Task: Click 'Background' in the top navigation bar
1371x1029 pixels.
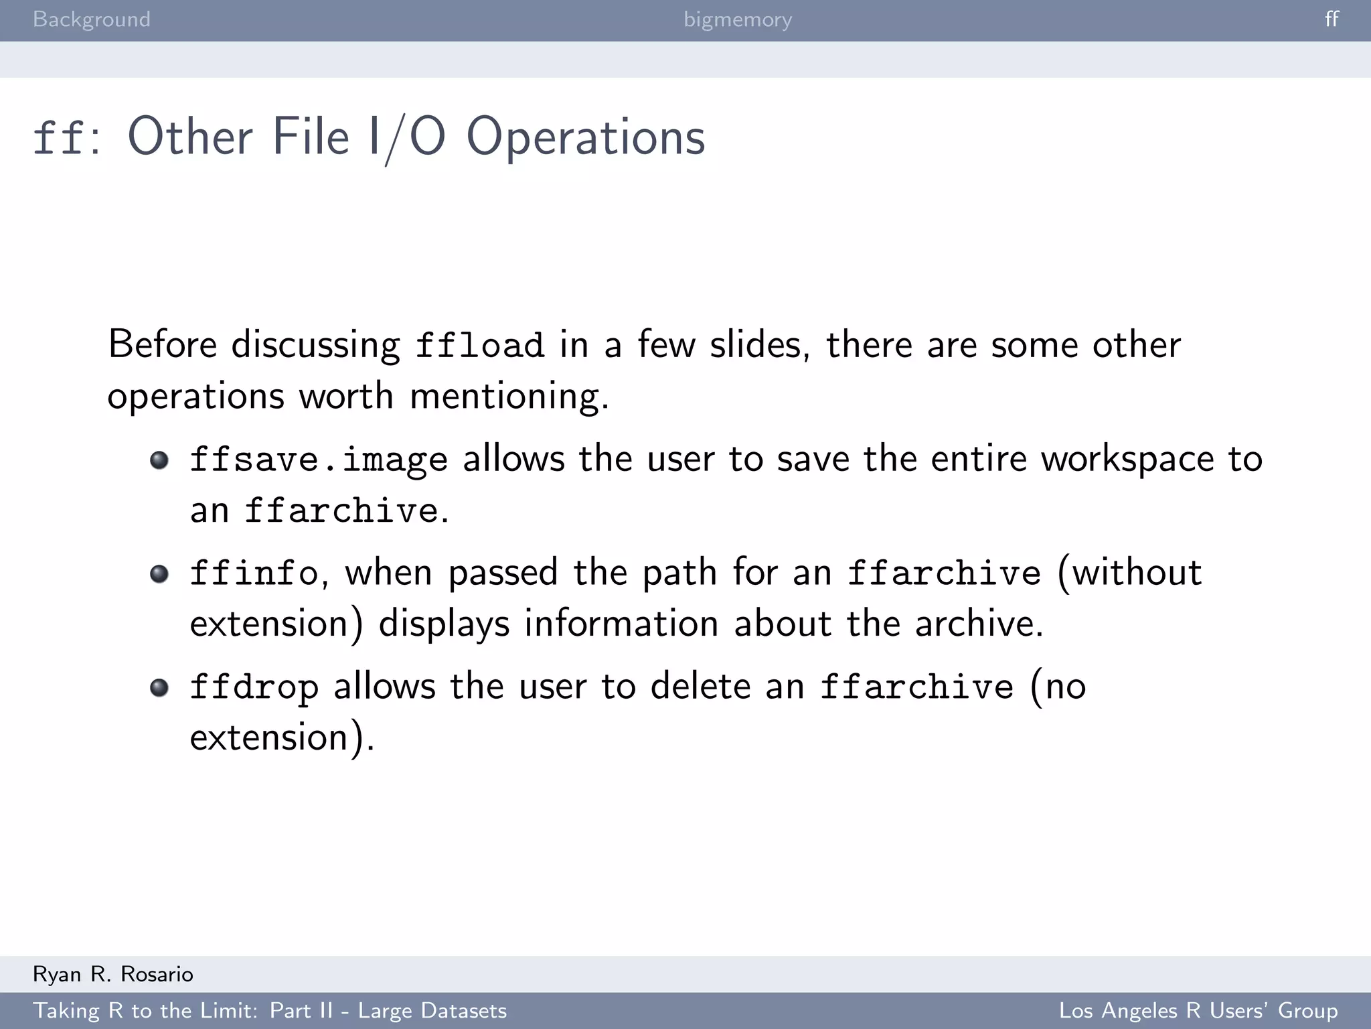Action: point(92,19)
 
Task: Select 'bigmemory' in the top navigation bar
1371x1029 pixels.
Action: point(738,19)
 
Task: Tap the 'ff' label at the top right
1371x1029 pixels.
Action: point(1332,19)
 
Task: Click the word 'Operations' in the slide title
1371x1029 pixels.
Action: point(586,137)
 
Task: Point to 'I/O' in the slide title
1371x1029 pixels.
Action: point(406,137)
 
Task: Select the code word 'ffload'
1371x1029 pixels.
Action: point(479,346)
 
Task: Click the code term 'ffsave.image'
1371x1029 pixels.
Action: point(319,460)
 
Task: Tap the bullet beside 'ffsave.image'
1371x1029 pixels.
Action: point(159,460)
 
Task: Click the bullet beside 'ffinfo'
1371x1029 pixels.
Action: point(159,574)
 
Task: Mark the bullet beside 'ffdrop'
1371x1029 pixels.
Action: point(159,688)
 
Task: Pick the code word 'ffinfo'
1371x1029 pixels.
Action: point(254,573)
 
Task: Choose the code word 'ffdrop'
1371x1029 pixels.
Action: point(254,687)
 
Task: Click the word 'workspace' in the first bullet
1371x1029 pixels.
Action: point(1127,460)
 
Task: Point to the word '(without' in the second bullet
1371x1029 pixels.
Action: point(1129,573)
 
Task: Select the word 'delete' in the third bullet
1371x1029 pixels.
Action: point(700,687)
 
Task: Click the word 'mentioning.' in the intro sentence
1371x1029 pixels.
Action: point(509,396)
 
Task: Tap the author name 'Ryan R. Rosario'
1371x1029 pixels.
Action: point(113,974)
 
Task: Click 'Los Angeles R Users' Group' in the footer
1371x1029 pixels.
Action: point(1198,1010)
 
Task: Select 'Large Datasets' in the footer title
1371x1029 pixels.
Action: point(432,1010)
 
